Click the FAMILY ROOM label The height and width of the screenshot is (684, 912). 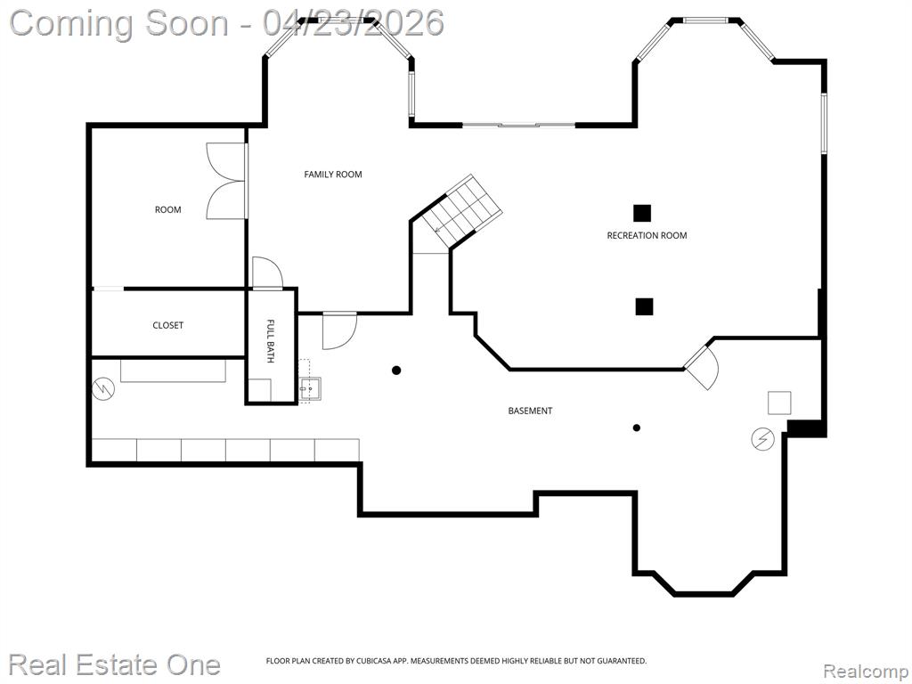coord(333,174)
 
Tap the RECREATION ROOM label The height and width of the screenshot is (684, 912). coord(647,235)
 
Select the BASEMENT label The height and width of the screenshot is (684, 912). coord(530,411)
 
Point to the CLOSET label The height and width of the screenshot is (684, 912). coord(167,325)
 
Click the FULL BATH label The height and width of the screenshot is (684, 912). coord(270,341)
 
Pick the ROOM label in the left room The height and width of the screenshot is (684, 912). coord(167,209)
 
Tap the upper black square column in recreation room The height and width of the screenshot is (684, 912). coord(642,214)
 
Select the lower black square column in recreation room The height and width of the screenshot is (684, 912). coord(644,306)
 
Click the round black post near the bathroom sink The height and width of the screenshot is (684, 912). coord(396,370)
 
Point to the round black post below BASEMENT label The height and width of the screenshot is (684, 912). coord(636,427)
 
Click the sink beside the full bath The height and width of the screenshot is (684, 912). coord(310,388)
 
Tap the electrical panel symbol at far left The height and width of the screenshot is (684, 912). coord(103,388)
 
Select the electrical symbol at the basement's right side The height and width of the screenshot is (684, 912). coord(762,439)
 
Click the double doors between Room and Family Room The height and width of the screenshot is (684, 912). coord(225,181)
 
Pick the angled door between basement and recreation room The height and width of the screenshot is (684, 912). coord(704,367)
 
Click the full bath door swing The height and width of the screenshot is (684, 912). coord(267,273)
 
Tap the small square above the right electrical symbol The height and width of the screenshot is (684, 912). coord(778,403)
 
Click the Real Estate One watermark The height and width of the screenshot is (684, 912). coord(115,664)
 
